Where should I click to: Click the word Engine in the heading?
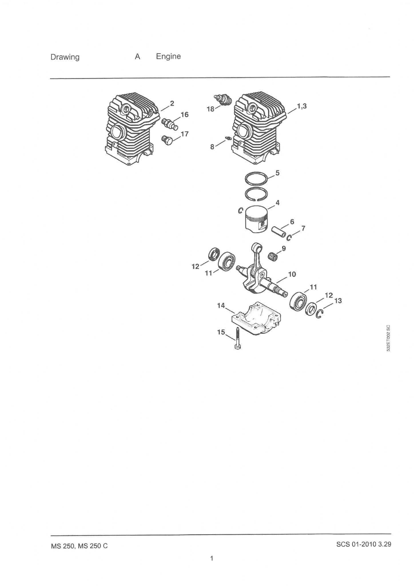click(168, 57)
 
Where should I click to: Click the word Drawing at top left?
click(65, 57)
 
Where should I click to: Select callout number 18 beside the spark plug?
click(210, 109)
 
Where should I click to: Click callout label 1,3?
click(302, 106)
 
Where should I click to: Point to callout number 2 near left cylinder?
click(172, 103)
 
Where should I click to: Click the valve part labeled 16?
click(170, 124)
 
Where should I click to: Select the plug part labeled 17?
click(168, 140)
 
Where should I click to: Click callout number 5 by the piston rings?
click(277, 173)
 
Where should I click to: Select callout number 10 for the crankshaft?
click(292, 274)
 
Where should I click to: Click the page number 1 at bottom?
click(212, 558)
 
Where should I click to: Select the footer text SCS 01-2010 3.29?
click(364, 544)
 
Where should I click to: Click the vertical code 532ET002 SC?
click(388, 338)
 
